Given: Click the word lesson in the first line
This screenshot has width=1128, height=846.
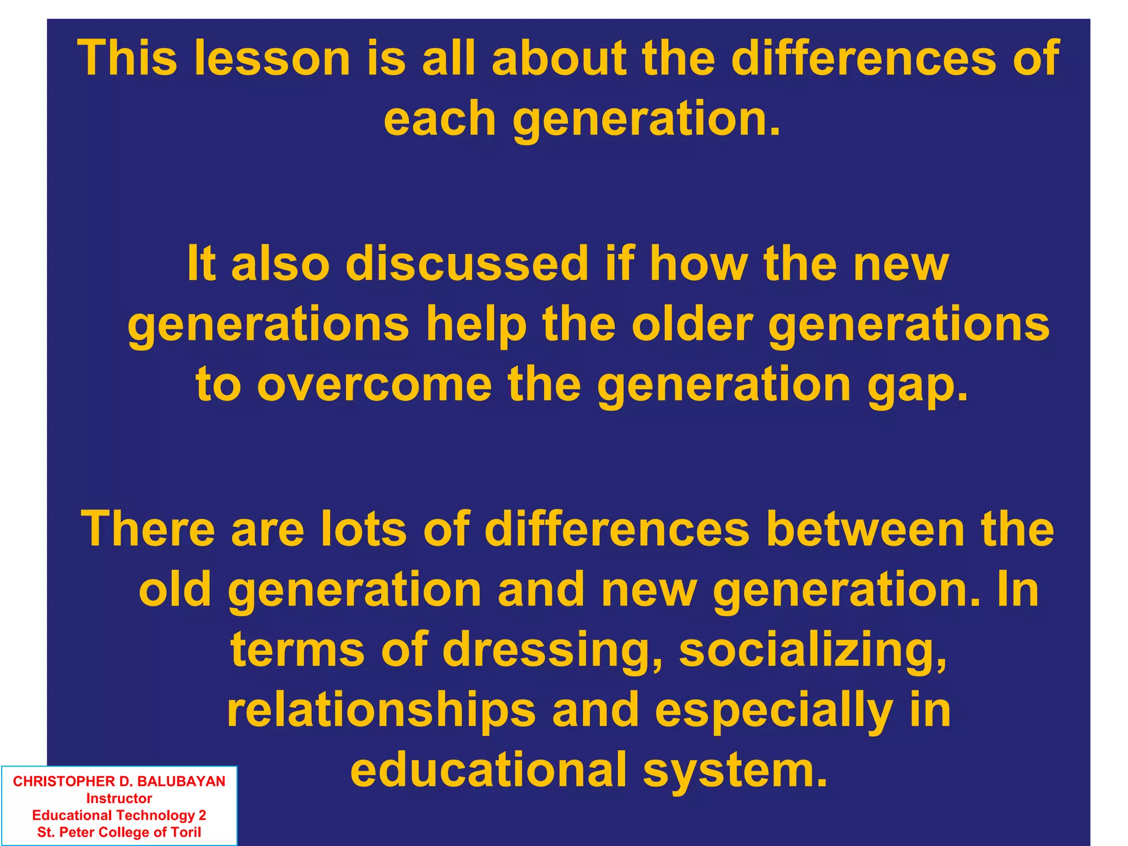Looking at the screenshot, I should pos(273,58).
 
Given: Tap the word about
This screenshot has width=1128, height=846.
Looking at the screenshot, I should pos(558,58).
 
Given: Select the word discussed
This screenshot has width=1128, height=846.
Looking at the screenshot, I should pos(467,264).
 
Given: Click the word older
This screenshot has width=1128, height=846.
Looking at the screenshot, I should pos(692,324).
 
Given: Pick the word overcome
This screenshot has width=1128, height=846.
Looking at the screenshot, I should pos(374,384).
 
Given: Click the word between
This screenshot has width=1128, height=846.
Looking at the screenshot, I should pos(864,529).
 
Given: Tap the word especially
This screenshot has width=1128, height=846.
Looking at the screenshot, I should pos(774,711).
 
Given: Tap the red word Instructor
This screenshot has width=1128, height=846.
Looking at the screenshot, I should pos(119,799).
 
